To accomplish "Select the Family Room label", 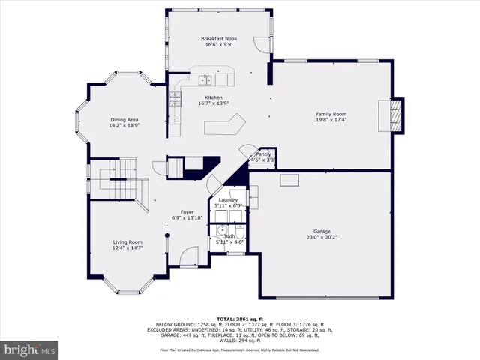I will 331,113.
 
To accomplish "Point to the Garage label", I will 322,231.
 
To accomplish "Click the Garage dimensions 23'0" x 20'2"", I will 322,238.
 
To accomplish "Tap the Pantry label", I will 263,154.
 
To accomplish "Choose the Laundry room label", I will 226,199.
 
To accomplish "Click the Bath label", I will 229,236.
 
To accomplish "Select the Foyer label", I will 187,212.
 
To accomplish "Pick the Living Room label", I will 127,241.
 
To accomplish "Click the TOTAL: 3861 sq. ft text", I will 239,319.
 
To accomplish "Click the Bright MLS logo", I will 29,349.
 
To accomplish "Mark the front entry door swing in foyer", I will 185,259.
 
